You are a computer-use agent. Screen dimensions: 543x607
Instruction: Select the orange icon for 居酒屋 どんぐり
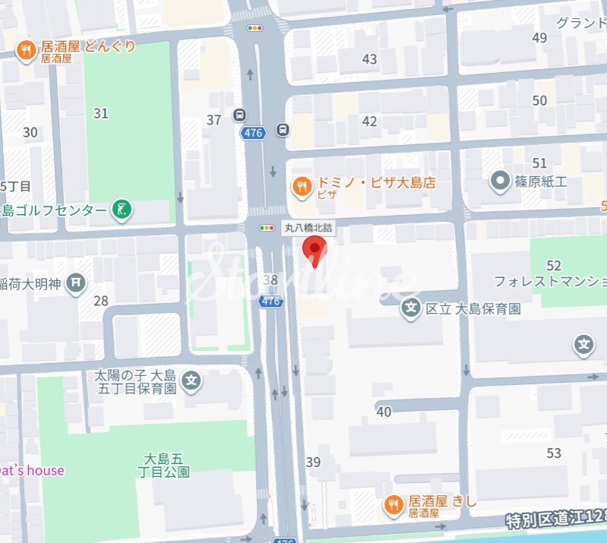click(26, 50)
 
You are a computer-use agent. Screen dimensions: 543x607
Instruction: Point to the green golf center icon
click(121, 209)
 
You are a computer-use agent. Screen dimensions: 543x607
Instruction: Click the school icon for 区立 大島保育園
click(411, 308)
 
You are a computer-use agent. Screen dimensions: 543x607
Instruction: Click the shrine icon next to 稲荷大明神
click(76, 284)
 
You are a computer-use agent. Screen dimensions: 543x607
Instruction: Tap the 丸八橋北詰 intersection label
click(308, 227)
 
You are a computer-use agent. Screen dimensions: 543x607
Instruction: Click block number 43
click(370, 59)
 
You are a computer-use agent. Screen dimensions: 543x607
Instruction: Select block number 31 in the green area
click(100, 113)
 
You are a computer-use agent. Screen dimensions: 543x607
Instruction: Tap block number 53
click(553, 453)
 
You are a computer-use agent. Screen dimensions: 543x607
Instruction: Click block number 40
click(384, 412)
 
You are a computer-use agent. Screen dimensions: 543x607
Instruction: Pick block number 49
click(540, 38)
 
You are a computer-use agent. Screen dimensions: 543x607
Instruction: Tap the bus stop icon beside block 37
click(239, 115)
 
